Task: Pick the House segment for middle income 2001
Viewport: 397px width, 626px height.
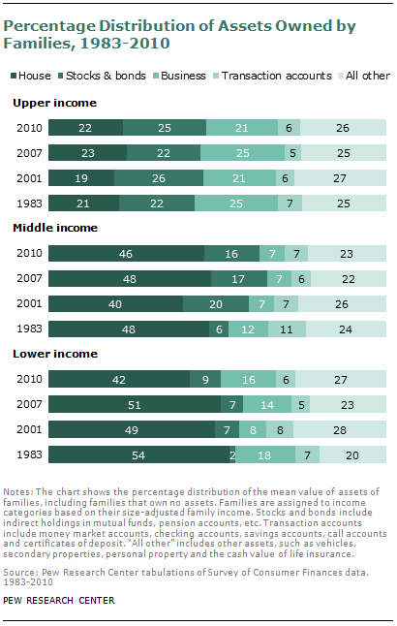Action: (115, 302)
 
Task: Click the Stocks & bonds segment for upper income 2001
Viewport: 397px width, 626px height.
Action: (159, 176)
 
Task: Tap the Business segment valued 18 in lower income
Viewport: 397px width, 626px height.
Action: (266, 454)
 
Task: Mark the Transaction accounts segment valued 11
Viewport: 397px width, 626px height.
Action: (287, 328)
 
